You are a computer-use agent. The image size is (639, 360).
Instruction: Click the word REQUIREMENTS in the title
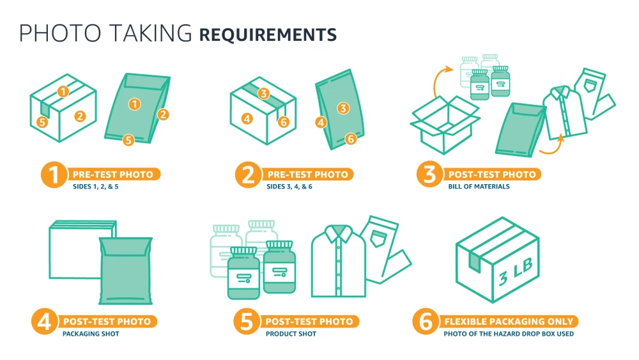[x=268, y=35]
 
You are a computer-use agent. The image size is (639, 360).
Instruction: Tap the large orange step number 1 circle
[x=54, y=175]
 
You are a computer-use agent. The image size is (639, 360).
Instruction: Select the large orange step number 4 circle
[x=45, y=321]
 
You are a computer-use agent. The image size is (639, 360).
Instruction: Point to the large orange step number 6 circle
[x=426, y=321]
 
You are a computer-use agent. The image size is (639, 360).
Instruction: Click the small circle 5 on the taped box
[x=42, y=122]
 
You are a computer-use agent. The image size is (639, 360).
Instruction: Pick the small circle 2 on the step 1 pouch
[x=163, y=114]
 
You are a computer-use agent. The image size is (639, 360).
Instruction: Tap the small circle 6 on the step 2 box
[x=284, y=121]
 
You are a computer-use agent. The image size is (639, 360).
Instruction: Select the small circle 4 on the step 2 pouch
[x=321, y=122]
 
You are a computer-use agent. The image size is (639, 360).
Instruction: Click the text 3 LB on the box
[x=516, y=271]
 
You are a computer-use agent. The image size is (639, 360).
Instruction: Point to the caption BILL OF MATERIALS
[x=479, y=186]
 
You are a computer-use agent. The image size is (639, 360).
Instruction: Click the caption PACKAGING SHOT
[x=91, y=334]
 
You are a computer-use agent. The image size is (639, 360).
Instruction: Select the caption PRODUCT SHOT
[x=291, y=334]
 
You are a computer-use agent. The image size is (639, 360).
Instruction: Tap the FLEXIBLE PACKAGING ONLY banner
[x=509, y=321]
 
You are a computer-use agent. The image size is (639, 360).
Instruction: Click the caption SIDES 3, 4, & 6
[x=289, y=186]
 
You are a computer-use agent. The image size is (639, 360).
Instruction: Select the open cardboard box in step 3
[x=445, y=125]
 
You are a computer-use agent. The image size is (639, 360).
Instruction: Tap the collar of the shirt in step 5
[x=339, y=233]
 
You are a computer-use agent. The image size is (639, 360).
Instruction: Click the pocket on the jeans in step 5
[x=378, y=239]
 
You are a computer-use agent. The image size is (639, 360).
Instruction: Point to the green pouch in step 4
[x=126, y=270]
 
